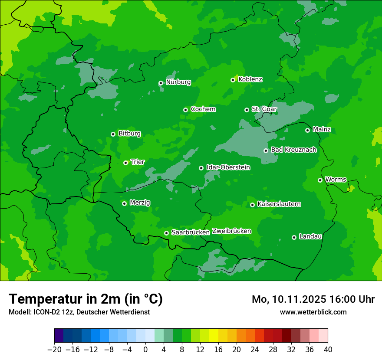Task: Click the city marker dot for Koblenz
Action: coord(233,80)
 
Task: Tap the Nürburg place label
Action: coord(178,82)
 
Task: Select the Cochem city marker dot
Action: coord(185,110)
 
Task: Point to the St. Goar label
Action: coord(264,109)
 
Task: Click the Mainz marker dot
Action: coord(307,130)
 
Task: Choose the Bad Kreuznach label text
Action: coord(293,150)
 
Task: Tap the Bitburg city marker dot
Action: coord(113,134)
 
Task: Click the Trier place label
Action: coord(138,162)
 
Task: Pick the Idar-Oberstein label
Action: coord(228,167)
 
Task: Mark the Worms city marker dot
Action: coord(320,180)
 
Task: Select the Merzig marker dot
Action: coord(124,203)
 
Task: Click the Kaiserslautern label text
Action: coord(279,204)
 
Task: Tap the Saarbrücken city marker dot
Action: coord(166,233)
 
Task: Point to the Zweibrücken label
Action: coord(231,231)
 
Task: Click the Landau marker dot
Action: coord(294,237)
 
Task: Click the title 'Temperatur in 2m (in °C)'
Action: coord(86,299)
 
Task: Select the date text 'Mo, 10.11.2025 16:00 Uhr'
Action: coord(313,299)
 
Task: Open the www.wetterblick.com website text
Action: coord(313,312)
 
